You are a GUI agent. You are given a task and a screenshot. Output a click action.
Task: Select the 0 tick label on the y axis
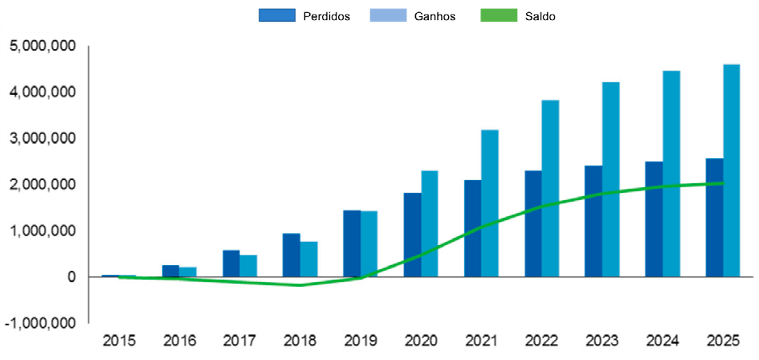coord(71,277)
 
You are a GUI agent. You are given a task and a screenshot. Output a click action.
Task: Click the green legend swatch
coord(499,15)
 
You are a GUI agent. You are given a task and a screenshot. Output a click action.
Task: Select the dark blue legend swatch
coord(277,15)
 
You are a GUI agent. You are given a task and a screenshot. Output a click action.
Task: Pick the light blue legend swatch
coord(388,15)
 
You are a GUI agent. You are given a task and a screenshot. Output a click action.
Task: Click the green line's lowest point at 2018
coord(299,285)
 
